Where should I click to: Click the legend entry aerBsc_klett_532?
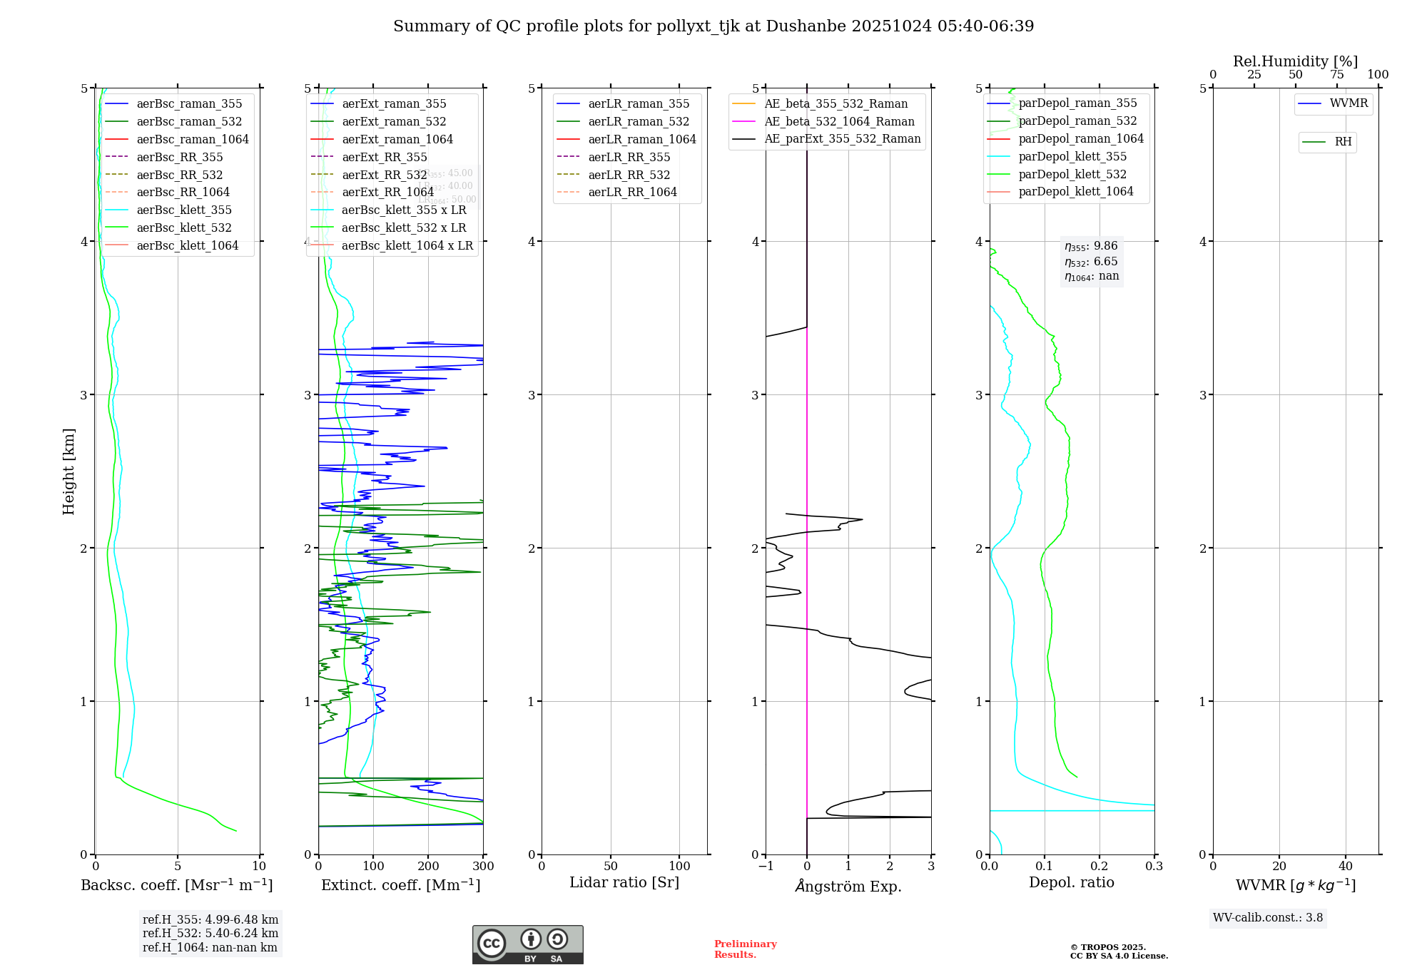(183, 228)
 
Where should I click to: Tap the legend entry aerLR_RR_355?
(629, 157)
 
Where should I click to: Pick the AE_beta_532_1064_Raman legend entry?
(839, 121)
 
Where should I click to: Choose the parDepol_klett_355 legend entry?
(1072, 156)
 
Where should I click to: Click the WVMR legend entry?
(1348, 103)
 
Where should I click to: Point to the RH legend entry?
(1343, 142)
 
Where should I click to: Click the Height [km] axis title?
(68, 471)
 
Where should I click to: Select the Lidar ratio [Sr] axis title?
(624, 882)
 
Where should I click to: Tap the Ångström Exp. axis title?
(848, 886)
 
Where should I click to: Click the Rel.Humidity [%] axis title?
(1295, 61)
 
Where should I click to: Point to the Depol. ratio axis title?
(1071, 882)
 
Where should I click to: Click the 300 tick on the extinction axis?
(484, 867)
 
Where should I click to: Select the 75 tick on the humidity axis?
(1336, 75)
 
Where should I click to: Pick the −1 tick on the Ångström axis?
(766, 867)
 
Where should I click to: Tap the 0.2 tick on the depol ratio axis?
(1100, 867)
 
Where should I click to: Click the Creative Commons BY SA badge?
(527, 944)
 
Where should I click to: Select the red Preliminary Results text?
(745, 949)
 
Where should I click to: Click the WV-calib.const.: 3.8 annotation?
(1268, 918)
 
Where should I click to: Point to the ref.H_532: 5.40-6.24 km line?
(210, 933)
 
